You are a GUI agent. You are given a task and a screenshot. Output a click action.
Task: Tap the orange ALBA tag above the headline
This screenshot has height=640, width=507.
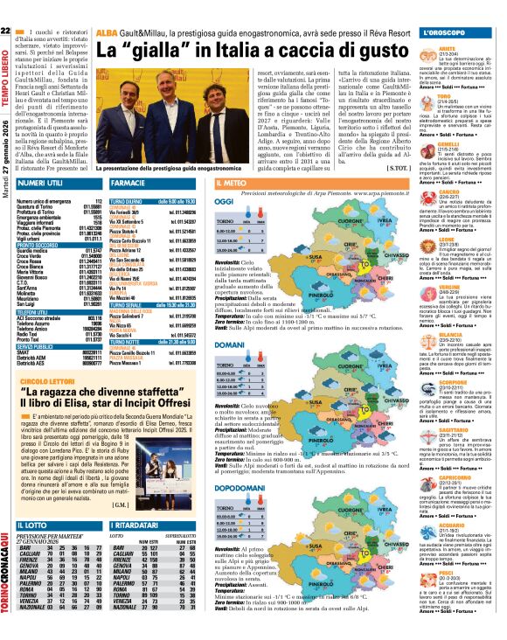(106, 32)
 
